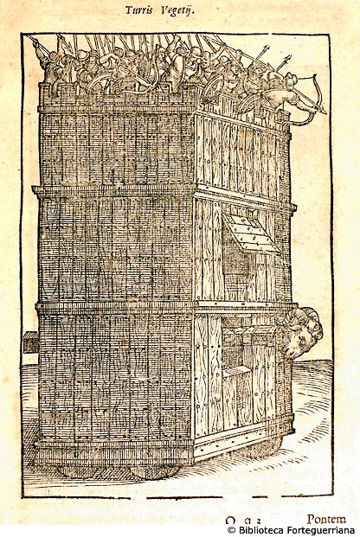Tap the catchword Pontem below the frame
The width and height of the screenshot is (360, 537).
[326, 520]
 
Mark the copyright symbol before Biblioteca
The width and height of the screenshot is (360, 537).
[232, 530]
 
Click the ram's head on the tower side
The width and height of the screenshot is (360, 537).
[302, 332]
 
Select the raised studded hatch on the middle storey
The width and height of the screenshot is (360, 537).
[249, 233]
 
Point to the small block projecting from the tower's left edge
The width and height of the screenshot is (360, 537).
[31, 342]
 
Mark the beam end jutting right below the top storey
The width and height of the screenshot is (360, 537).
[293, 208]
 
